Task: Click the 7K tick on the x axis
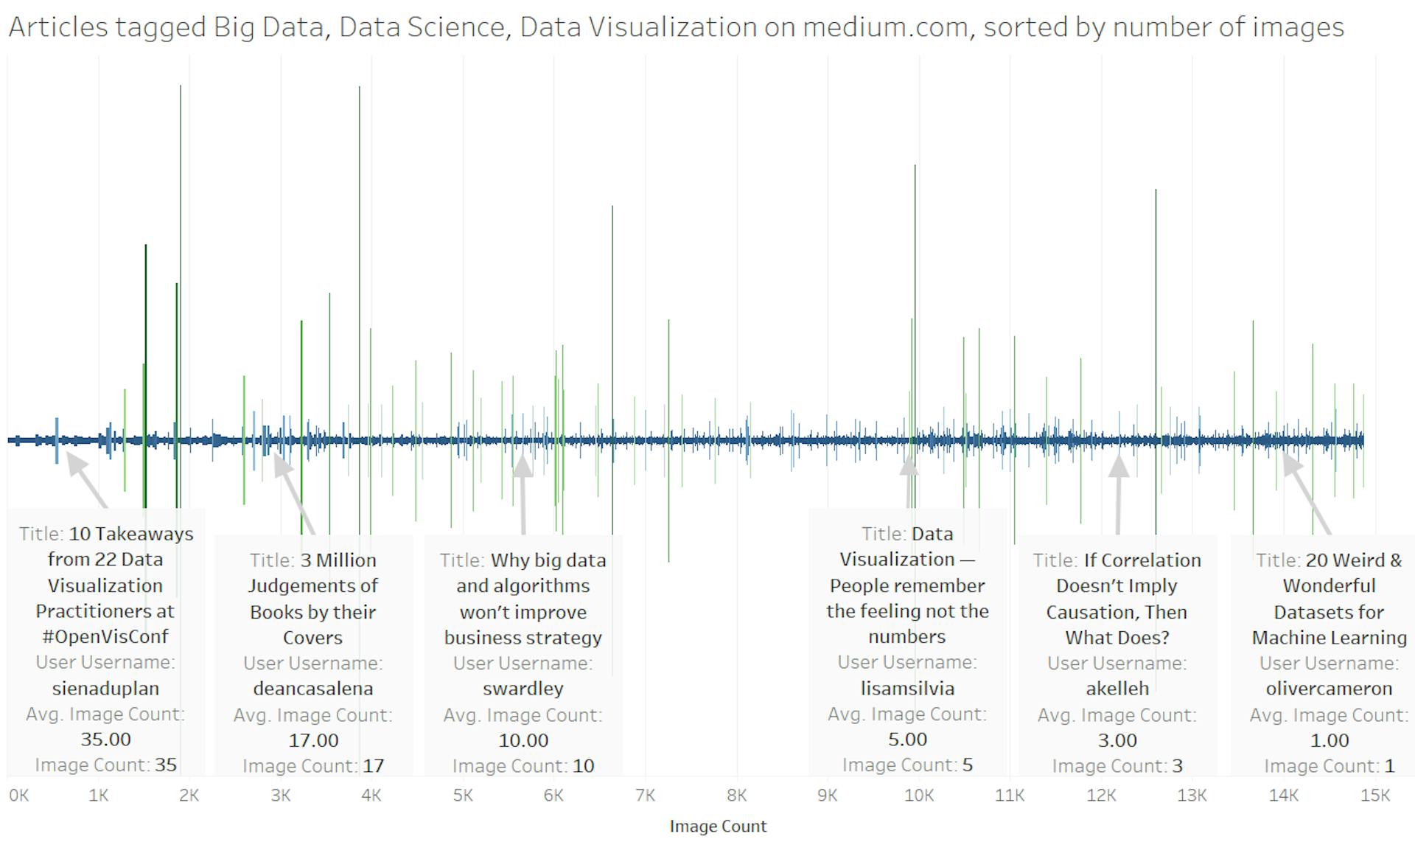pos(645,796)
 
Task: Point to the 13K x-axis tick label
pos(1192,796)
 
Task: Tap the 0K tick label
pos(19,796)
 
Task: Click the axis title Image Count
pos(718,827)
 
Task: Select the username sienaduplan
pos(105,689)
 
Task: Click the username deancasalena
pos(313,689)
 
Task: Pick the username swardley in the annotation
pos(523,689)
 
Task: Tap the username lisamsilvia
pos(907,689)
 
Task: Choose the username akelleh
pos(1117,689)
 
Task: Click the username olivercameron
pos(1329,689)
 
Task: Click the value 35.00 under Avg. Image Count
pos(105,740)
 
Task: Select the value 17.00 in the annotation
pos(313,740)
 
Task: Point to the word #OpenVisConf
pos(105,637)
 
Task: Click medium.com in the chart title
pos(884,27)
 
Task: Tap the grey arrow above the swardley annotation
pos(523,494)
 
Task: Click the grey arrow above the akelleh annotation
pos(1119,494)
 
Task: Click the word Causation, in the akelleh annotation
pos(1117,612)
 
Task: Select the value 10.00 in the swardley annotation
pos(523,740)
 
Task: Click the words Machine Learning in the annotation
pos(1329,638)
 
